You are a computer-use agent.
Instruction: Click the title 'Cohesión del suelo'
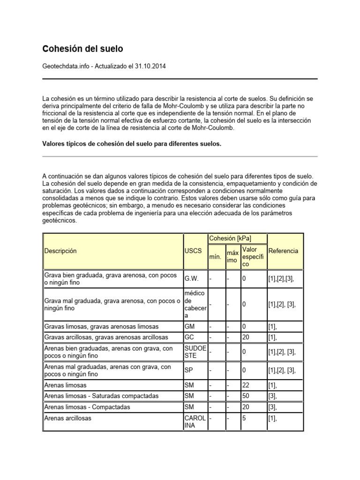[x=83, y=49]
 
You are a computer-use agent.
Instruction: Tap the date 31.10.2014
[x=151, y=66]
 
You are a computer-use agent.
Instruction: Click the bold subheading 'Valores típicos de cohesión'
[x=132, y=144]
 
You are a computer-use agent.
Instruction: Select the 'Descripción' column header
[x=60, y=251]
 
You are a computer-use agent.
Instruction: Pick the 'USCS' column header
[x=192, y=251]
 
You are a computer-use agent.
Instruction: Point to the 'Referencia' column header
[x=283, y=251]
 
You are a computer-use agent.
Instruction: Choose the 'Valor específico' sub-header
[x=253, y=257]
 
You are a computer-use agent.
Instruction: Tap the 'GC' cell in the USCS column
[x=190, y=337]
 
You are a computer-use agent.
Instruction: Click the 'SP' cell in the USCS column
[x=189, y=370]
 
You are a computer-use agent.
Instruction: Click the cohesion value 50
[x=246, y=396]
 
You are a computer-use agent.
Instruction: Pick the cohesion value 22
[x=246, y=385]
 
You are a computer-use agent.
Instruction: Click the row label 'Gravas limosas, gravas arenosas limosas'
[x=102, y=326]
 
